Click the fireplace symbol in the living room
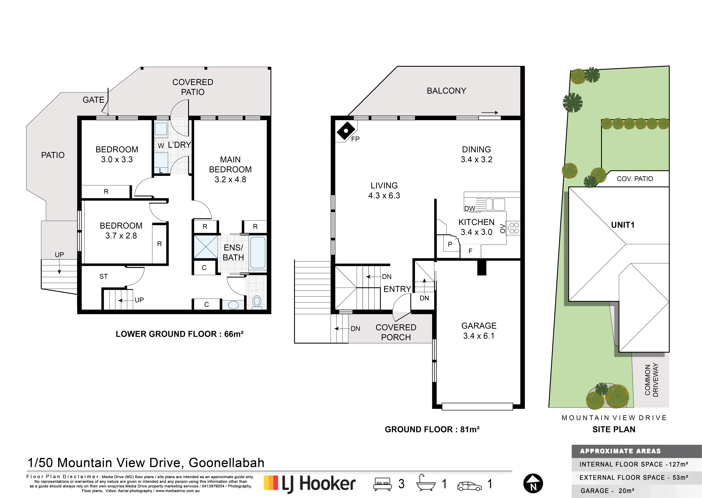[x=346, y=131]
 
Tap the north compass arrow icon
[x=533, y=484]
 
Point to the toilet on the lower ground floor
[x=257, y=302]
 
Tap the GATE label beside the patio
[x=94, y=100]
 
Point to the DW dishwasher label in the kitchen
[x=470, y=209]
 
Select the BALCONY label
[x=446, y=91]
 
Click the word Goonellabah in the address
[x=226, y=463]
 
